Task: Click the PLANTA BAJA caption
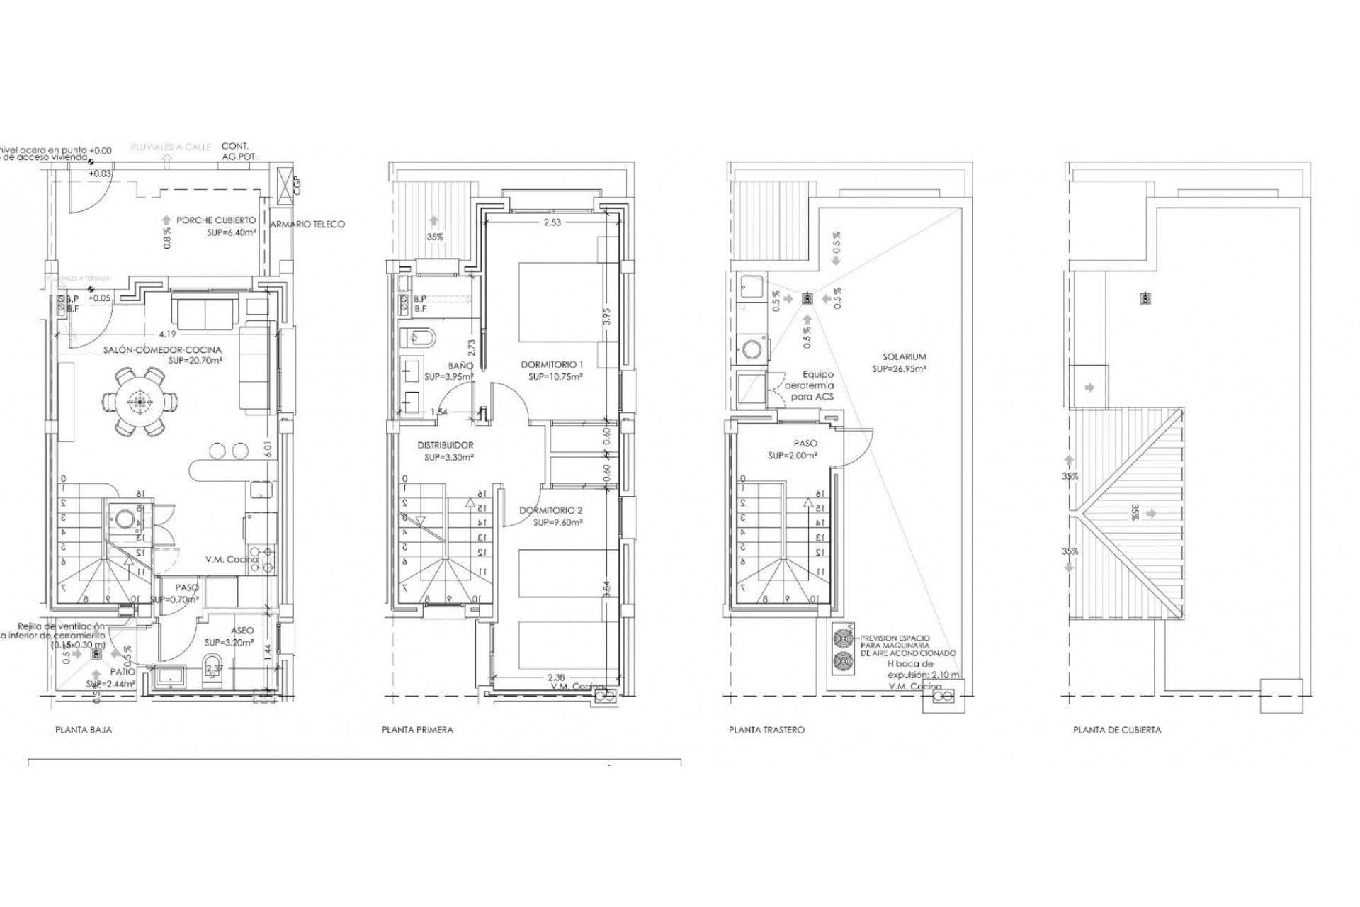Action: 84,729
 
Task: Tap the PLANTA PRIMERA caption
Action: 417,729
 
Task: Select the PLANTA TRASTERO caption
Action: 766,729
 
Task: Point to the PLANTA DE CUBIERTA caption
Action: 1117,729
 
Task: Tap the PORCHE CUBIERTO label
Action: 215,221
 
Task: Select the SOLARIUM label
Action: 904,357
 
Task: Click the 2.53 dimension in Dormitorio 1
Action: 552,222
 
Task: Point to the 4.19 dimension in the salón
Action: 167,334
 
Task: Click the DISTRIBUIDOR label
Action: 445,445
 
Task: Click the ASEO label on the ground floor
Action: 242,630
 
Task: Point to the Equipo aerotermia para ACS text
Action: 817,385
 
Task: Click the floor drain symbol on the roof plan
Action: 1145,299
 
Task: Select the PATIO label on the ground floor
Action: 122,672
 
